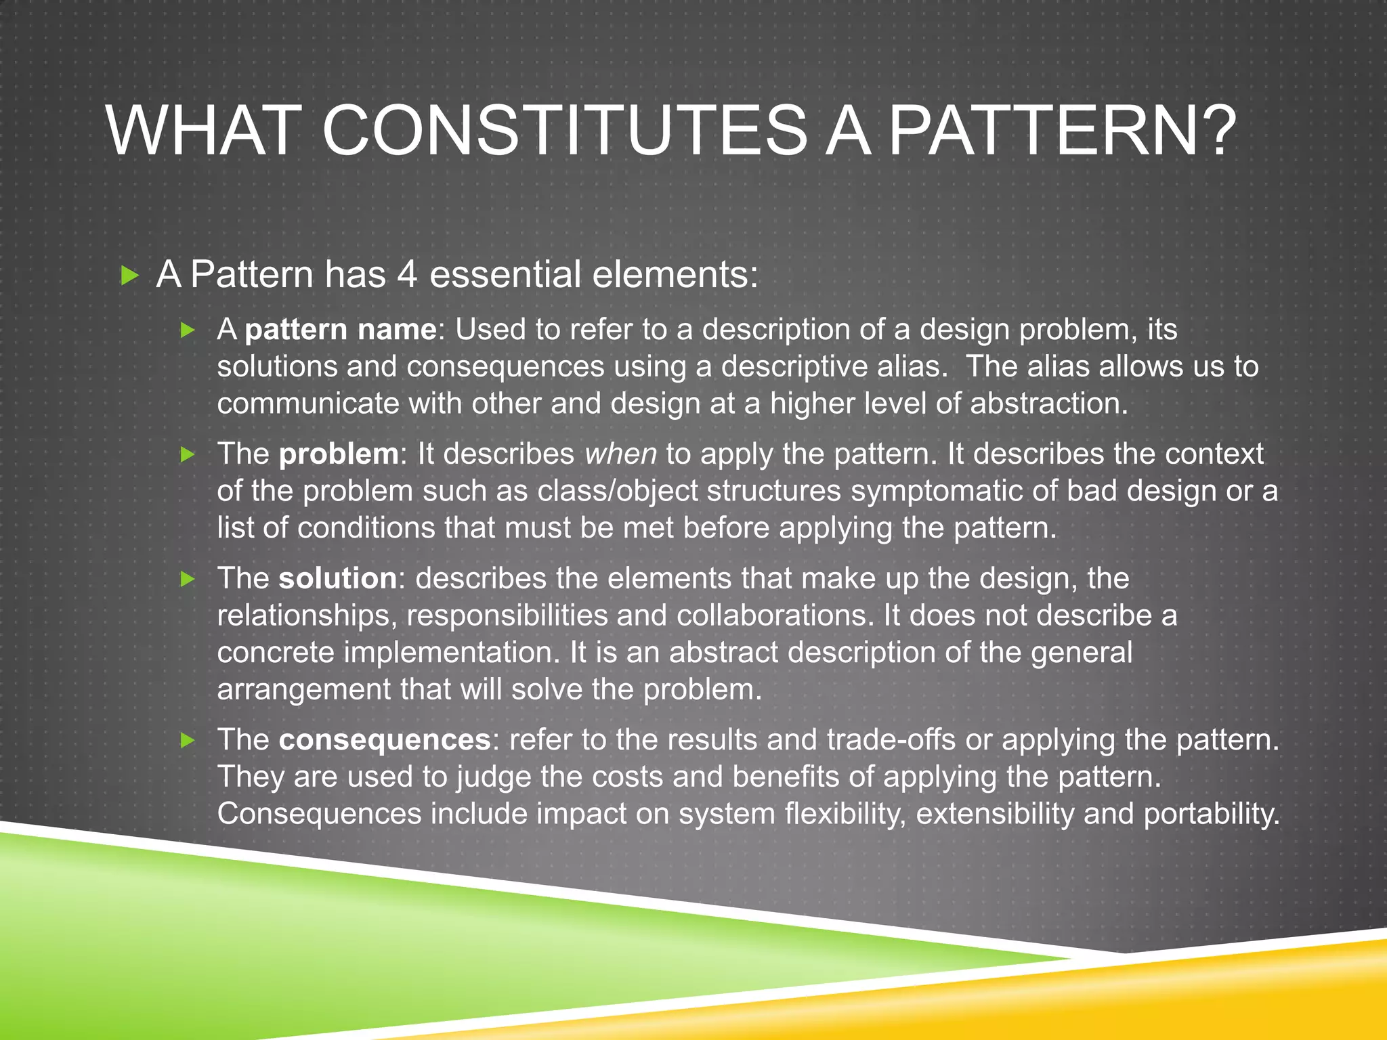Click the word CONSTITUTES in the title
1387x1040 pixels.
point(564,131)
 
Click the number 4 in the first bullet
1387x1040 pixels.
point(406,275)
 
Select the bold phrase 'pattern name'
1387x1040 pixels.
point(341,330)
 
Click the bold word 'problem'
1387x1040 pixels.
point(339,454)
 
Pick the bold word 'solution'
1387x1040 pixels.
point(337,578)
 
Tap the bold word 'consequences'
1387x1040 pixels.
point(385,739)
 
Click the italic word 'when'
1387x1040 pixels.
point(620,454)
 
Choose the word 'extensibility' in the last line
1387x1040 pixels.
point(994,813)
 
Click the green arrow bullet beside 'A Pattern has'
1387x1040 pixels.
point(129,276)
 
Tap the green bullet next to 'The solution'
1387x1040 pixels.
point(188,579)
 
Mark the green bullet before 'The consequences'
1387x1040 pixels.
point(188,740)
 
